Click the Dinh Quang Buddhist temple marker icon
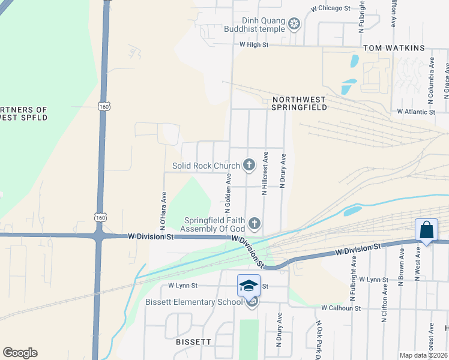294,24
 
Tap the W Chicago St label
330,8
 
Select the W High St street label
253,44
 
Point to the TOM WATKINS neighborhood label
394,48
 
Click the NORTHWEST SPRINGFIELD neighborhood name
300,103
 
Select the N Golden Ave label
228,193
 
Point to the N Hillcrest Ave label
264,173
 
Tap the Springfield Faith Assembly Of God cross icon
255,224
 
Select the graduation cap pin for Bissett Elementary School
249,286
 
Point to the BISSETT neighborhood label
193,341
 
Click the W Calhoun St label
340,308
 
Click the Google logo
20,353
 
